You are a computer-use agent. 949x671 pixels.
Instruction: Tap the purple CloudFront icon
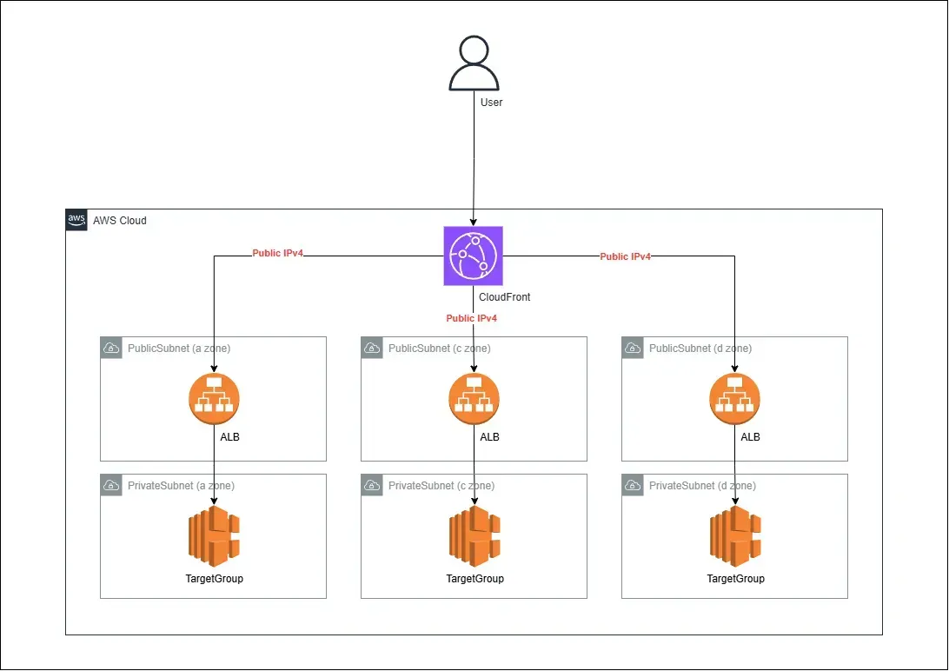pos(474,256)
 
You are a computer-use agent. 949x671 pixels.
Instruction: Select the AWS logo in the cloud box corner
pos(76,220)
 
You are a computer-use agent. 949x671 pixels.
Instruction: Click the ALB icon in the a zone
pos(214,399)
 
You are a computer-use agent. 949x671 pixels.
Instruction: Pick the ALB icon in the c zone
pos(474,399)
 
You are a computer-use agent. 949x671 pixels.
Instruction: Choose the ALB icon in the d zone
pos(735,399)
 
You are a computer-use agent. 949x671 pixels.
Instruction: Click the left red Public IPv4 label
pos(278,254)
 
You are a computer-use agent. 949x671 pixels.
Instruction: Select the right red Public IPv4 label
pos(626,256)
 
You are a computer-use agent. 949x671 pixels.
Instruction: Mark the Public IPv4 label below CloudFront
pos(472,318)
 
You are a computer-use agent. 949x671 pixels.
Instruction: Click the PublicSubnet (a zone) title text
pos(179,349)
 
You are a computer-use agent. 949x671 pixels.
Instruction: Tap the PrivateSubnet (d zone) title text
pos(702,486)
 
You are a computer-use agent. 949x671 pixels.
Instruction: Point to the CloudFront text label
pos(505,297)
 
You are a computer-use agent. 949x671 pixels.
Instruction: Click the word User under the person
pos(492,103)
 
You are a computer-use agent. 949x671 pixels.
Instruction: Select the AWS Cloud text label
pos(120,221)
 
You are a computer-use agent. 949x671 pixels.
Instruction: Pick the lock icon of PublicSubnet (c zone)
pos(372,349)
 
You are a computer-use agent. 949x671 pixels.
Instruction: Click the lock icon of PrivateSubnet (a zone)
pos(111,486)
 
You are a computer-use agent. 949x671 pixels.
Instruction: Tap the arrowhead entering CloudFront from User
pos(474,222)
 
